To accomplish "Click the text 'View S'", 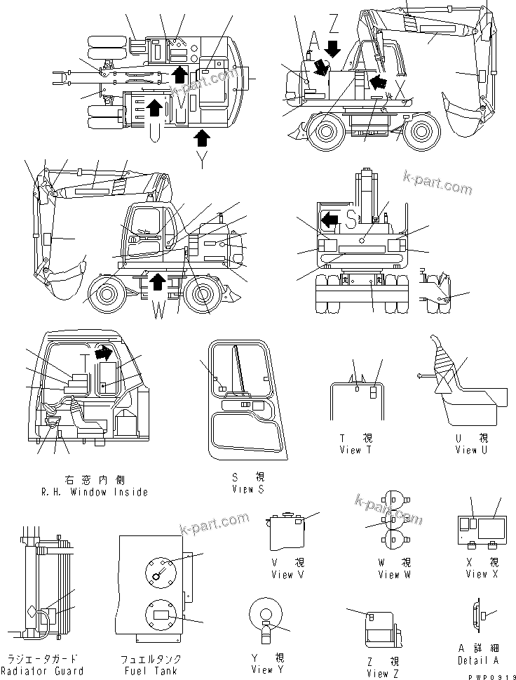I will click(x=247, y=489).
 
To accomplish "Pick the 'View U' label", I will click(x=466, y=450).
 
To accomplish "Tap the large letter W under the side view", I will click(x=158, y=309).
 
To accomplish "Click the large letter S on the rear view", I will click(x=351, y=218).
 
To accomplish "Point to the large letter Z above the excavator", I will click(x=334, y=25).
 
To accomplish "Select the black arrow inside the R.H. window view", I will click(x=104, y=351).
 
